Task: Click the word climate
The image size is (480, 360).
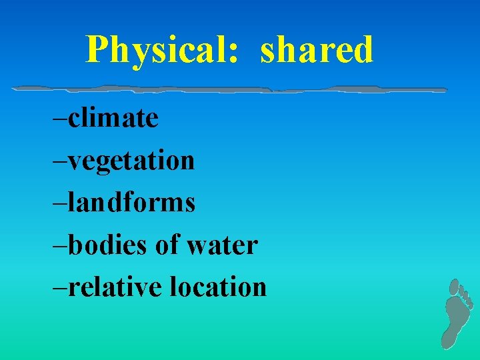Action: [113, 118]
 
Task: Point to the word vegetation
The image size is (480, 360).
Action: [131, 161]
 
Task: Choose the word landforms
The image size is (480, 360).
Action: [131, 202]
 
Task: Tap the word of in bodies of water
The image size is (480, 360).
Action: [167, 245]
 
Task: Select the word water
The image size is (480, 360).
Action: [222, 245]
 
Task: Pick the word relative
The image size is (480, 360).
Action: [115, 287]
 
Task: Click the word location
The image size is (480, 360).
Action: [218, 287]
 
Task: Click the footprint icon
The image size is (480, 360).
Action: [457, 313]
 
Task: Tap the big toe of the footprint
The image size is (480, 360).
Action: [453, 287]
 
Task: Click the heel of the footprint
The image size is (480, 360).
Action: [450, 339]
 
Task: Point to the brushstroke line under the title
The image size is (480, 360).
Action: [229, 88]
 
